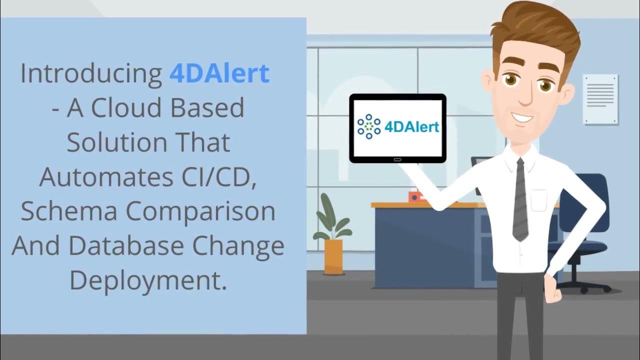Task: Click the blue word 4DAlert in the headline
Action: pos(219,74)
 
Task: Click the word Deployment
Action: pos(148,281)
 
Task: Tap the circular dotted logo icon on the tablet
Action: pos(369,127)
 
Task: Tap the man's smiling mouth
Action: pos(521,118)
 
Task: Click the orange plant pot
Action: pos(333,256)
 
